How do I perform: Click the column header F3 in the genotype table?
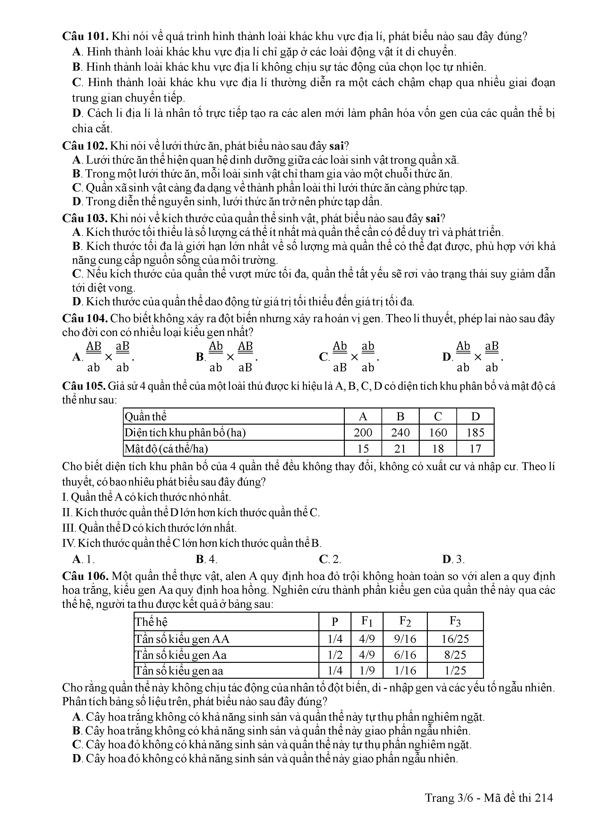click(x=455, y=621)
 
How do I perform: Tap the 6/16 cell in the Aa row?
click(x=405, y=655)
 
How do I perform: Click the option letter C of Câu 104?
click(x=323, y=357)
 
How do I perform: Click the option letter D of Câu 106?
click(x=77, y=758)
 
